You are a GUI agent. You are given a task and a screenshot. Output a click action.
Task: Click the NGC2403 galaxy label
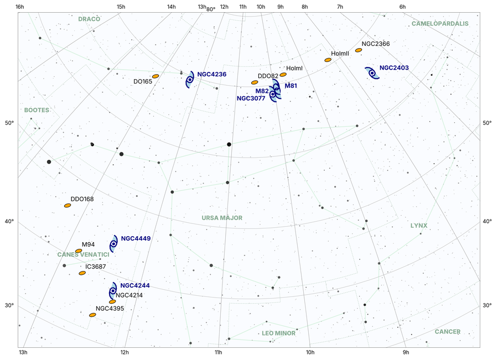click(x=394, y=68)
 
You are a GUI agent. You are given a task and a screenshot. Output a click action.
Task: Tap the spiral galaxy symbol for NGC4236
click(x=190, y=80)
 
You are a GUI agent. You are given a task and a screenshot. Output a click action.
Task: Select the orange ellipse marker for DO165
click(x=155, y=76)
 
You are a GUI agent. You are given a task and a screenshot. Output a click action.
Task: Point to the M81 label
click(x=290, y=86)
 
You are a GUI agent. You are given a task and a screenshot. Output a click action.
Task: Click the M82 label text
click(x=262, y=91)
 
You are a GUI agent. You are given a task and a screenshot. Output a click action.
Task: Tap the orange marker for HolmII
click(x=328, y=60)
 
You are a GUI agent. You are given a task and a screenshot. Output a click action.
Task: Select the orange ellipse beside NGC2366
click(x=359, y=50)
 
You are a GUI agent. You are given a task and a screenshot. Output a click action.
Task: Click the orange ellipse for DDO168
click(x=68, y=205)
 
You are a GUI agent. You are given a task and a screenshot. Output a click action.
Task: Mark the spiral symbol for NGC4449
click(x=113, y=243)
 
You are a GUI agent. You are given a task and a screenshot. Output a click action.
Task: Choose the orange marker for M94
click(x=79, y=251)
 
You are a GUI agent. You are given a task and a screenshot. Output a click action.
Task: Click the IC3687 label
click(x=95, y=267)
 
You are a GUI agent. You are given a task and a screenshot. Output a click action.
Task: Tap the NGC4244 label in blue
click(x=135, y=285)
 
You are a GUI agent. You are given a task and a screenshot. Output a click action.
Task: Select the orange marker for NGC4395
click(x=92, y=315)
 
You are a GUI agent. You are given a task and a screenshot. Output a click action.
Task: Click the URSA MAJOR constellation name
click(x=222, y=218)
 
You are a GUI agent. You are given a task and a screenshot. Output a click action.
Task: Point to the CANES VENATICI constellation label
click(x=83, y=254)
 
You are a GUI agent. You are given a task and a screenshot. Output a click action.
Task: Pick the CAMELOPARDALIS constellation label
click(x=440, y=24)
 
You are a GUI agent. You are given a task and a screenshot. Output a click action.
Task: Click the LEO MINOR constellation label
click(x=278, y=333)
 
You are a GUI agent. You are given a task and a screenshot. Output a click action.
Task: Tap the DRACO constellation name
click(x=89, y=19)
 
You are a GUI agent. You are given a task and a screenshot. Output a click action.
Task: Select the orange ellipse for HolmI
click(x=283, y=74)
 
